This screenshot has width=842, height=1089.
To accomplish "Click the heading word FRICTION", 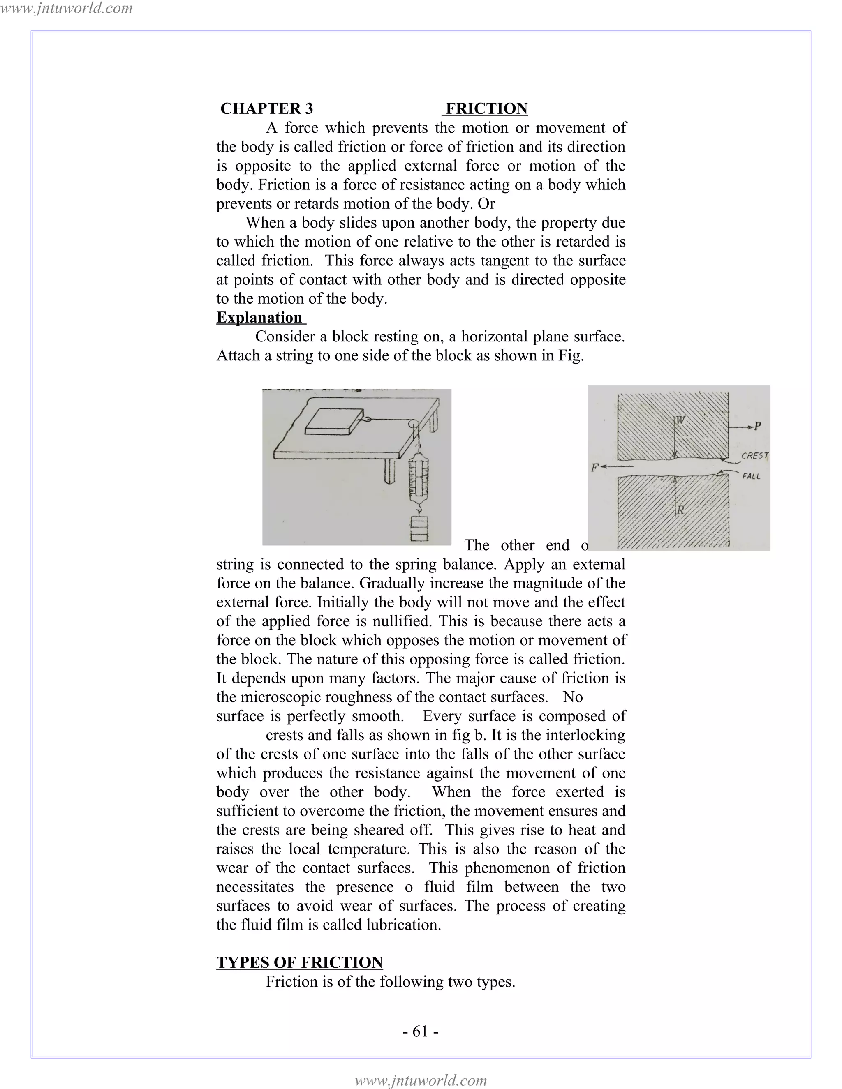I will point(486,109).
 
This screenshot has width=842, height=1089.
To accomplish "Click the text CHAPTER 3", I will point(266,109).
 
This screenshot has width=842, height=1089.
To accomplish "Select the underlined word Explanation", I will point(259,318).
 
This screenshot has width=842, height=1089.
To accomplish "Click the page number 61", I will point(421,1031).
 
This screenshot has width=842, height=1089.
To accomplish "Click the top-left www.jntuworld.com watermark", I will point(66,8).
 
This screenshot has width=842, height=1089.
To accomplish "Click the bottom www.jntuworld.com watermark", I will point(421,1080).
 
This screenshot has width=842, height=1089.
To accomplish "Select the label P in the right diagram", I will point(758,426).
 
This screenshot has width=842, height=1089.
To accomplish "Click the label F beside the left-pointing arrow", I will point(594,468).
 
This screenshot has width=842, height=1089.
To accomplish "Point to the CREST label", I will point(754,455).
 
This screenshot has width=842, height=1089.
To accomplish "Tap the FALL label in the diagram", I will point(751,476).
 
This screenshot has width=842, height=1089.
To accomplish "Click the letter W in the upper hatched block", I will point(681,420).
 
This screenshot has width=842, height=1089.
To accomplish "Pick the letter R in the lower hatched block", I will point(680,510).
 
